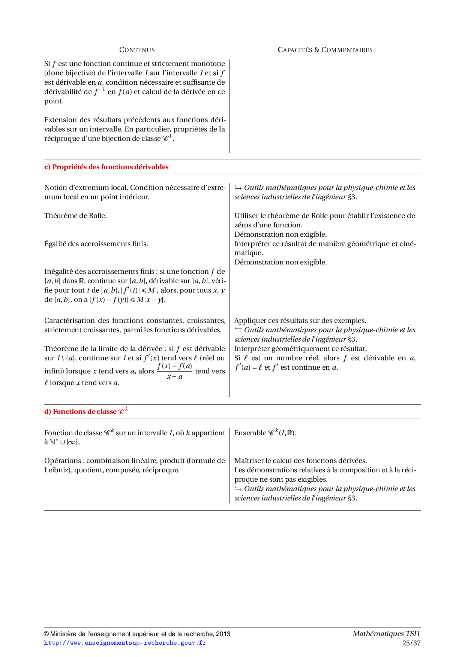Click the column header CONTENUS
[137, 50]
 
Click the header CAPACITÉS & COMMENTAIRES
[325, 50]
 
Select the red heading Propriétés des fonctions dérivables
[110, 167]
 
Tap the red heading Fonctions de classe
[85, 412]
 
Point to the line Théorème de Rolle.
[75, 216]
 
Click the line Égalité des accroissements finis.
[96, 244]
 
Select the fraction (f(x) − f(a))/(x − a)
[175, 371]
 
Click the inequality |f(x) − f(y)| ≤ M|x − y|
[127, 300]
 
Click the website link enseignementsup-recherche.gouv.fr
[125, 643]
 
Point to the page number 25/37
[411, 643]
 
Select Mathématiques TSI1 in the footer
[386, 634]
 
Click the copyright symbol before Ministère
[46, 634]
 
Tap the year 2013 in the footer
[223, 634]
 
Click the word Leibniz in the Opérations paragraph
[57, 470]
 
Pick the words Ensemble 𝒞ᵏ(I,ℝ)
[265, 433]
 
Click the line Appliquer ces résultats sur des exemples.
[300, 321]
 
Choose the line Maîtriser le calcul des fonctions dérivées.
[300, 461]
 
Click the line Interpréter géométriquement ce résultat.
[300, 349]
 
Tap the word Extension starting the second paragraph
[60, 120]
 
